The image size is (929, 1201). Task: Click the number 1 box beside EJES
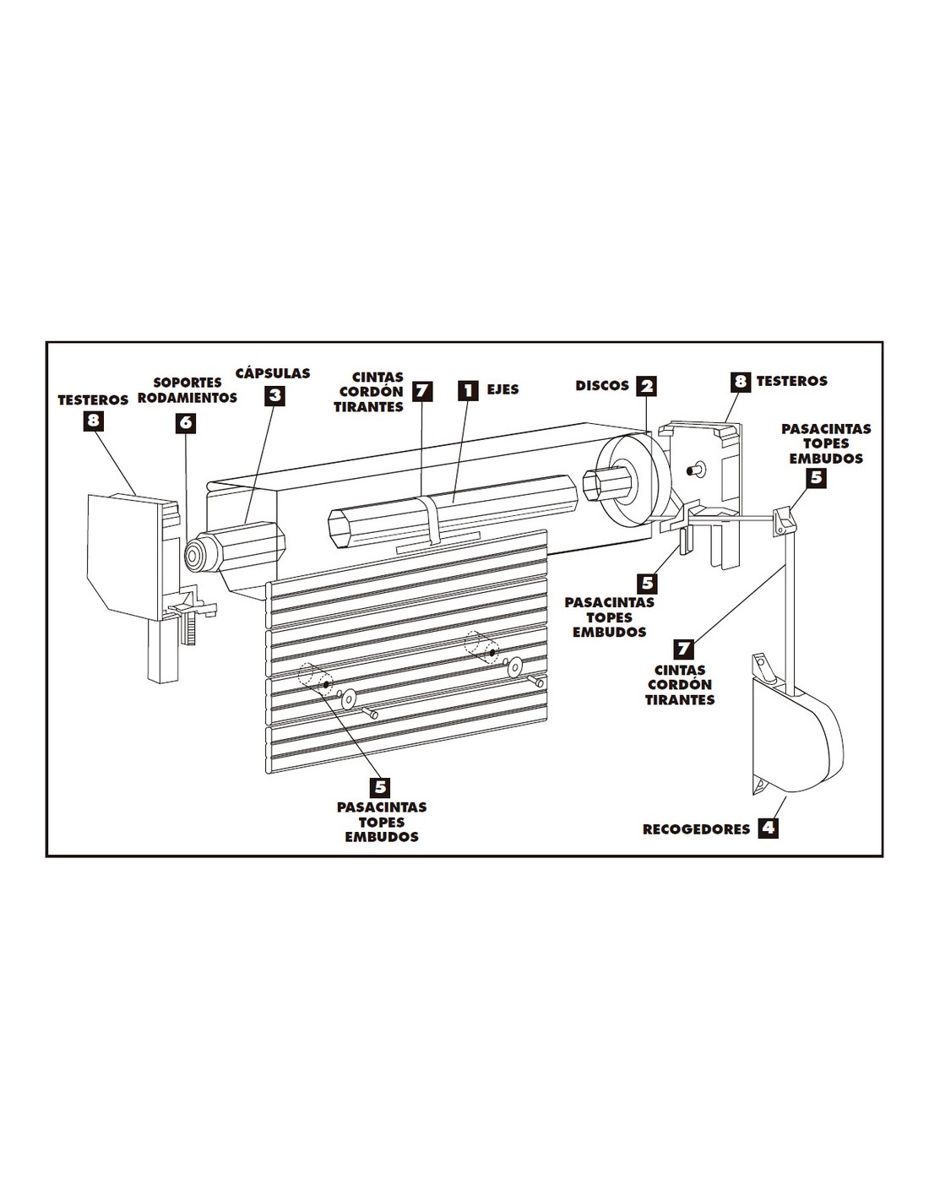pyautogui.click(x=468, y=391)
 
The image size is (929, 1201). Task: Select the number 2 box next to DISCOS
pyautogui.click(x=645, y=386)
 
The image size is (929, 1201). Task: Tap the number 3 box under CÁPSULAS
pyautogui.click(x=275, y=395)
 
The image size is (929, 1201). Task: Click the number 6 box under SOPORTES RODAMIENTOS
pyautogui.click(x=186, y=423)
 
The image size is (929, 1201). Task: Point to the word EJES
pyautogui.click(x=503, y=389)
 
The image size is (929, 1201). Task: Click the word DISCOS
pyautogui.click(x=602, y=385)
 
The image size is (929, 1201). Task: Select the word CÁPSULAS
pyautogui.click(x=273, y=372)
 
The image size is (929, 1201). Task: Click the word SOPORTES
pyautogui.click(x=187, y=383)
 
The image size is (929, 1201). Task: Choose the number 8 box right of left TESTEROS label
pyautogui.click(x=93, y=421)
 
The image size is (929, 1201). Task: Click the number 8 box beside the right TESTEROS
pyautogui.click(x=741, y=382)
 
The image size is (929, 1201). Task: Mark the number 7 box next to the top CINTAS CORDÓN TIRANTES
pyautogui.click(x=422, y=391)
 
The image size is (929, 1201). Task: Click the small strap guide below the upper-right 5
pyautogui.click(x=785, y=520)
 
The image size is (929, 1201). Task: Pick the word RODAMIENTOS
pyautogui.click(x=187, y=398)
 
